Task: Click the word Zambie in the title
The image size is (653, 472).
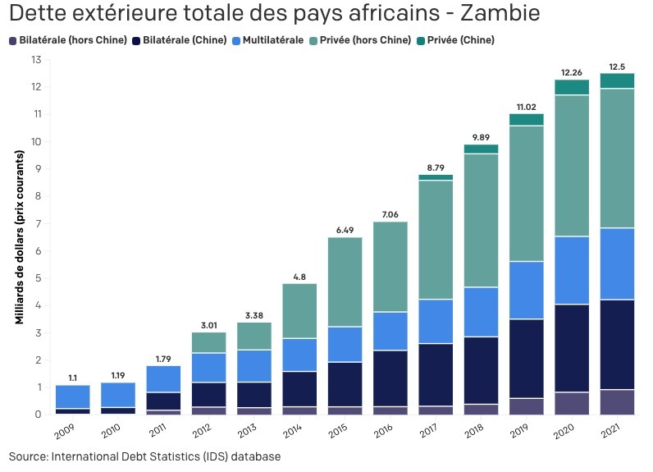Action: [491, 14]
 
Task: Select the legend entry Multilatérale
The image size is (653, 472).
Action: [268, 40]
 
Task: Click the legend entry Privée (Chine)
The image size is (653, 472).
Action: [460, 40]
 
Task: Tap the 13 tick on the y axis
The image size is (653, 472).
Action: [36, 60]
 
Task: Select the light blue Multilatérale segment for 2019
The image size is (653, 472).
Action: [527, 290]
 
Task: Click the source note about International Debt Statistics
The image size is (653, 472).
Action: [145, 456]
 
